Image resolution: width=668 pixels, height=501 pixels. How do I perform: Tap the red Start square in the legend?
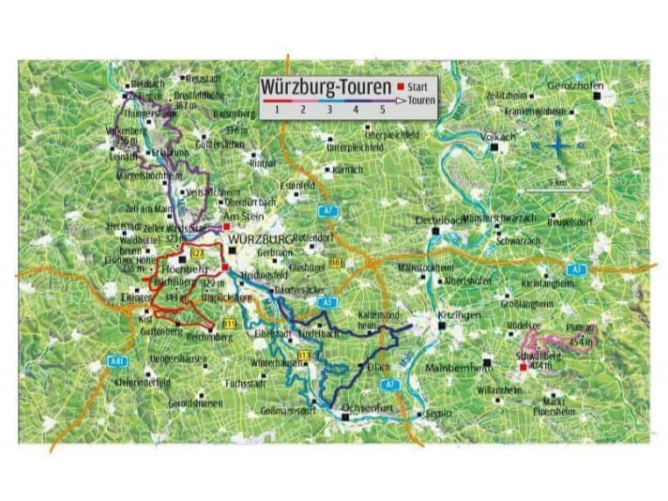[400, 86]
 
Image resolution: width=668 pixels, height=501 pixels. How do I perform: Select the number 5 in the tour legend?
[382, 111]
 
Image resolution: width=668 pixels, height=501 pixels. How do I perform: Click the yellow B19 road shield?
[230, 324]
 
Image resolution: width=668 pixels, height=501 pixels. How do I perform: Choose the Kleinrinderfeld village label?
[143, 383]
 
